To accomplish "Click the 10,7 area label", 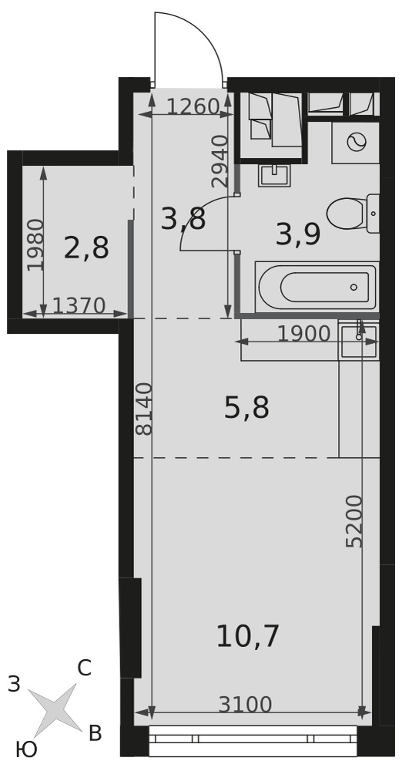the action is [247, 636].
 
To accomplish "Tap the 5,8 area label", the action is [246, 409].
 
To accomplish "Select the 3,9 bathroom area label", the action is [298, 234].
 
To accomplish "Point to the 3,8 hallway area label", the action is [183, 219].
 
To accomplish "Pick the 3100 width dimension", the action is [245, 705].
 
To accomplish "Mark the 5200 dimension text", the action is [353, 521].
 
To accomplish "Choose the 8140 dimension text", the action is [144, 409].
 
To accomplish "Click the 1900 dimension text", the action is [303, 335].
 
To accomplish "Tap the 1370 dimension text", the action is [79, 306].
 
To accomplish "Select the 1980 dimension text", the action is [35, 245].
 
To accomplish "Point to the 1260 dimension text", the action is [193, 106].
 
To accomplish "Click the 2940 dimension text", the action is [219, 161].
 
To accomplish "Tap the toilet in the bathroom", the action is [353, 214].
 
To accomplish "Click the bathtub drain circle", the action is [353, 287].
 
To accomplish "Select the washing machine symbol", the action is [356, 143].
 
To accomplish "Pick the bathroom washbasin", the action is [274, 176].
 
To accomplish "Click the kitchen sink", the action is [359, 340].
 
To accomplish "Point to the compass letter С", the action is [84, 668].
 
